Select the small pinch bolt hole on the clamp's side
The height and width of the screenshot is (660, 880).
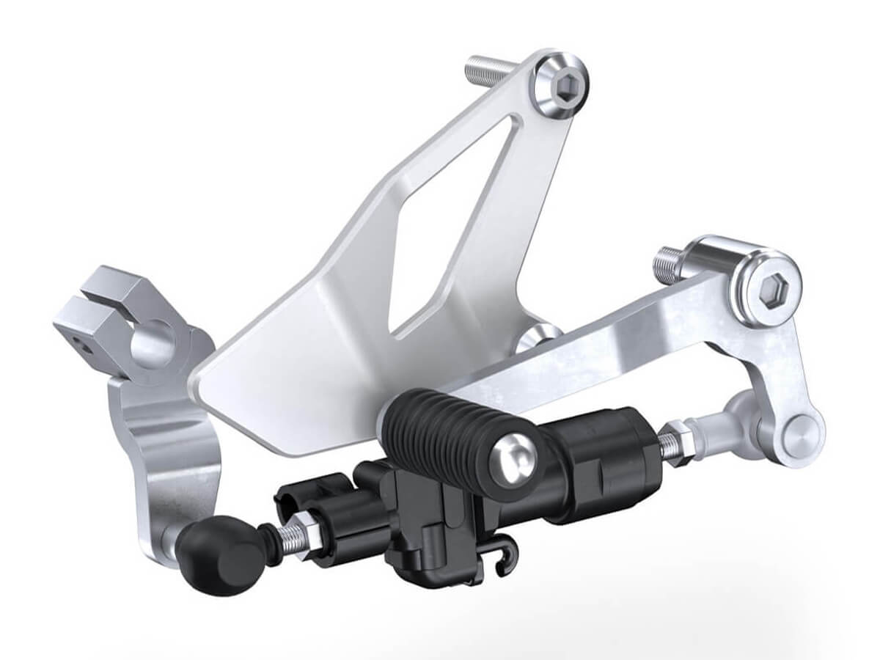[x=84, y=345]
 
